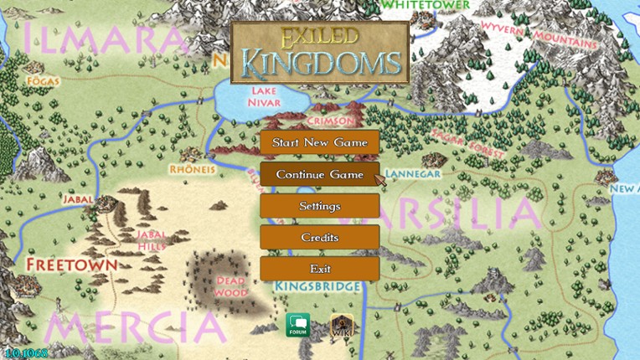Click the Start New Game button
tap(319, 143)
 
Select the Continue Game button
tap(319, 174)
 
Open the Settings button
tap(319, 206)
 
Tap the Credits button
tap(319, 238)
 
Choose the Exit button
tap(319, 269)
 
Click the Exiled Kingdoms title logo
tap(319, 52)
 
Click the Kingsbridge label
tap(318, 286)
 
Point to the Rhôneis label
tap(192, 168)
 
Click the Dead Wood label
tap(230, 287)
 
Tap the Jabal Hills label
tap(153, 239)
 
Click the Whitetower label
tap(413, 5)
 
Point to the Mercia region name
tap(134, 327)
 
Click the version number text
tap(25, 352)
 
